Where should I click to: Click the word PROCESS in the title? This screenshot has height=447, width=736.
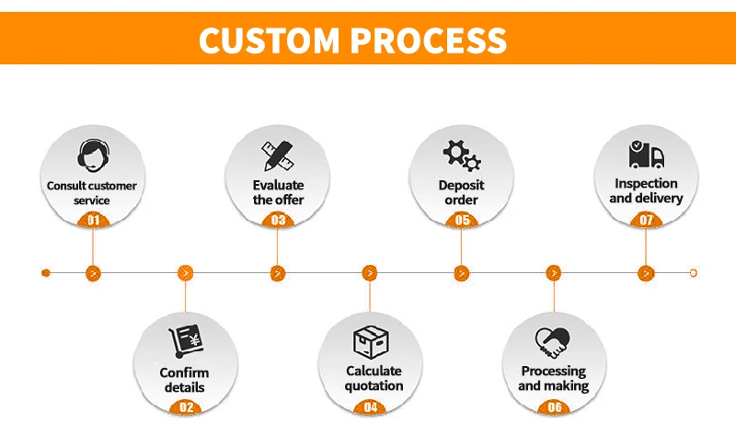pyautogui.click(x=430, y=40)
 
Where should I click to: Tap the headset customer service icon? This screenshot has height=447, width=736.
pyautogui.click(x=92, y=154)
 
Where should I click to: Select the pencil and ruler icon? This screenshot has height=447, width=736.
pyautogui.click(x=278, y=154)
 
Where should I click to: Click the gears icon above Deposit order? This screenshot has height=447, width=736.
pyautogui.click(x=462, y=154)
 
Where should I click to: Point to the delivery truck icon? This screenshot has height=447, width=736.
pyautogui.click(x=647, y=154)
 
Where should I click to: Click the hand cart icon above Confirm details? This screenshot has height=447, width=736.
pyautogui.click(x=185, y=341)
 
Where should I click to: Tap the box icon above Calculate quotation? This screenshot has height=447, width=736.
pyautogui.click(x=369, y=341)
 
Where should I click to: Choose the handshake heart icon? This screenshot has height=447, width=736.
pyautogui.click(x=554, y=341)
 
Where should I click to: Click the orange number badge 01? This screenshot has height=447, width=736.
pyautogui.click(x=92, y=220)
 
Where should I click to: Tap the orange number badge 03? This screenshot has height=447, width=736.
pyautogui.click(x=278, y=220)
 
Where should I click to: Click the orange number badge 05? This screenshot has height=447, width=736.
pyautogui.click(x=462, y=220)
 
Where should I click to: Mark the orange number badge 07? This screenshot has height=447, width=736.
pyautogui.click(x=647, y=220)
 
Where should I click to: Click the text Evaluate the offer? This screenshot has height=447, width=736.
pyautogui.click(x=278, y=192)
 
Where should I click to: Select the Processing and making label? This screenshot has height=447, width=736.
pyautogui.click(x=554, y=378)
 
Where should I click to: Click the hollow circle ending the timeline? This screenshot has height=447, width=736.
pyautogui.click(x=692, y=273)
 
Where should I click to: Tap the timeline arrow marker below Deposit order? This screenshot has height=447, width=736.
pyautogui.click(x=462, y=273)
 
